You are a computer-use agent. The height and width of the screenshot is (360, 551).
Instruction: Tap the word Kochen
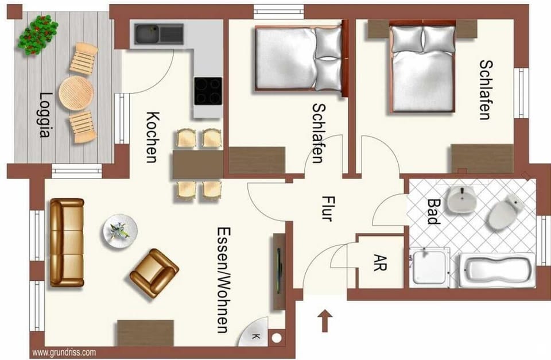[152, 137]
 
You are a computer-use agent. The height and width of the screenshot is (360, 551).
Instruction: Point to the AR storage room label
[380, 263]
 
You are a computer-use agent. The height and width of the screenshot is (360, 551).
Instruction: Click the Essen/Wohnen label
[223, 279]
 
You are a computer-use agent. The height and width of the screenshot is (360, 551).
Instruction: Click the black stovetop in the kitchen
[207, 91]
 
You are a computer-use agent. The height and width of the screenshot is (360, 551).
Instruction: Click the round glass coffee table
[120, 231]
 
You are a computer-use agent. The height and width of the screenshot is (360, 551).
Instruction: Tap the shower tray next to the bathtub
[429, 268]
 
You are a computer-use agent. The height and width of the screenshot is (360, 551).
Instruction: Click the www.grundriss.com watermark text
[64, 353]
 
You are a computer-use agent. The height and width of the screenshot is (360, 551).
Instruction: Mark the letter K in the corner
[255, 336]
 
